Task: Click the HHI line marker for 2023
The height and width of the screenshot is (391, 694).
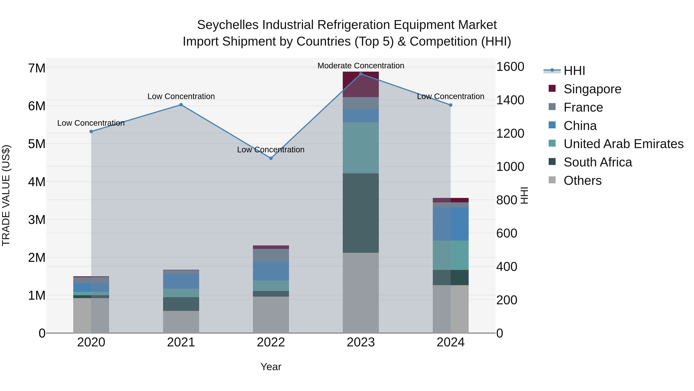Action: click(x=361, y=74)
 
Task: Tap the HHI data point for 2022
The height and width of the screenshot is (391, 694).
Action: click(x=271, y=158)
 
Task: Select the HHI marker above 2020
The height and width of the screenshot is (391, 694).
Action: click(x=91, y=131)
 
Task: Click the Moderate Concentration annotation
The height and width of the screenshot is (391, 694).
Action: click(x=361, y=66)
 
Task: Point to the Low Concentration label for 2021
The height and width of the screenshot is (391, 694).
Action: click(x=181, y=96)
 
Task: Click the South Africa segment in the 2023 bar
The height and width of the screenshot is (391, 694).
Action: click(x=361, y=213)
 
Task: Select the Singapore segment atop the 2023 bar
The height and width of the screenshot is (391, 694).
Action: click(x=361, y=84)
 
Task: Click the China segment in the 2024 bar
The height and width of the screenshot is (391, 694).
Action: click(x=451, y=224)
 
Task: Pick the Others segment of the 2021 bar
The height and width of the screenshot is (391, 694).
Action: click(x=181, y=322)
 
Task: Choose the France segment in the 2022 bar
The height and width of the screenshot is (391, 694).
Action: click(x=271, y=255)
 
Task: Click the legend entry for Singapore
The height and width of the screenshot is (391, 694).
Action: click(x=592, y=89)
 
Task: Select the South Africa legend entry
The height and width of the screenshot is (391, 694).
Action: click(x=598, y=162)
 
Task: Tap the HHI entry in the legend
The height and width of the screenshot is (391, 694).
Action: click(x=574, y=71)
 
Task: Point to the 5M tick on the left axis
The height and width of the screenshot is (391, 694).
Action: click(x=37, y=144)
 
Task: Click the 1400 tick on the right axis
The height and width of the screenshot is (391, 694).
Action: click(x=510, y=100)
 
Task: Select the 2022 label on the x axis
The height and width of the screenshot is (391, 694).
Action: click(x=271, y=342)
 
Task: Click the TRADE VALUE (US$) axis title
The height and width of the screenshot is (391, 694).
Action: click(x=6, y=195)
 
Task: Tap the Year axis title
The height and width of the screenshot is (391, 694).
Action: click(x=271, y=367)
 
